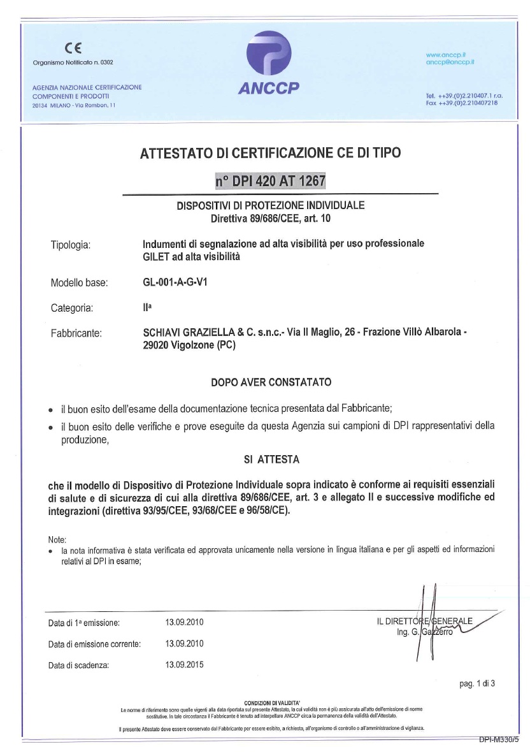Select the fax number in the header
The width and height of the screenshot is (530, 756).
(462, 103)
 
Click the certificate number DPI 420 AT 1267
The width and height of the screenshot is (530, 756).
(271, 180)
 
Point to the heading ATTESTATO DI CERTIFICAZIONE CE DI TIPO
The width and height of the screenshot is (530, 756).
(270, 152)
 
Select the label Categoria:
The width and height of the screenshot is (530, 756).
(72, 309)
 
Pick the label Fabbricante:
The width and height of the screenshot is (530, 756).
(76, 332)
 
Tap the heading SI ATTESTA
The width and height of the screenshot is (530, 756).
(271, 458)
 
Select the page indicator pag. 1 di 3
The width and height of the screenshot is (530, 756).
(476, 684)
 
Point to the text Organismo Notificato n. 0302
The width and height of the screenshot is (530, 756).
(73, 62)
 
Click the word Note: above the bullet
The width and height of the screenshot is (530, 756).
(57, 539)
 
